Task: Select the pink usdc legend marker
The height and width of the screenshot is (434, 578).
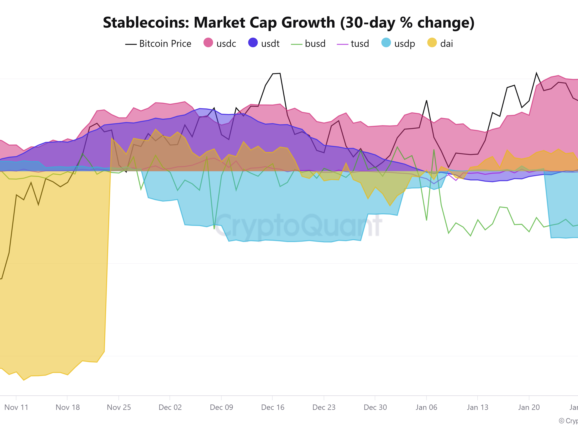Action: click(208, 42)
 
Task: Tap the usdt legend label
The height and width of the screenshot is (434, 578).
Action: click(270, 43)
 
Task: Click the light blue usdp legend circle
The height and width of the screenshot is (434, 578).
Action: click(386, 42)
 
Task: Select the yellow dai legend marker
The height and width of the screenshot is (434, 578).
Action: click(432, 42)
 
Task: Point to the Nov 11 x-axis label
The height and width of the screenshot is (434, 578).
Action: click(16, 407)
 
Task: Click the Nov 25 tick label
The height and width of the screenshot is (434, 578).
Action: click(119, 407)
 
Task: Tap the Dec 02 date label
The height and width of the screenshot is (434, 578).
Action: click(170, 407)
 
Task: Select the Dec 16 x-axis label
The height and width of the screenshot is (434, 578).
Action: click(273, 407)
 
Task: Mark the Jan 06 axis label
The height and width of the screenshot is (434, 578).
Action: click(426, 407)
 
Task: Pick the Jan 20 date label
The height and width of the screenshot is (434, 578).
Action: click(529, 407)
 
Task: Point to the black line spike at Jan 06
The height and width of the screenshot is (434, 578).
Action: click(426, 100)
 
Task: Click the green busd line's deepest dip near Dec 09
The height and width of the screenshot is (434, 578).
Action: click(214, 229)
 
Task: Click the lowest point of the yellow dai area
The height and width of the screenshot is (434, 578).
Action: click(24, 380)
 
